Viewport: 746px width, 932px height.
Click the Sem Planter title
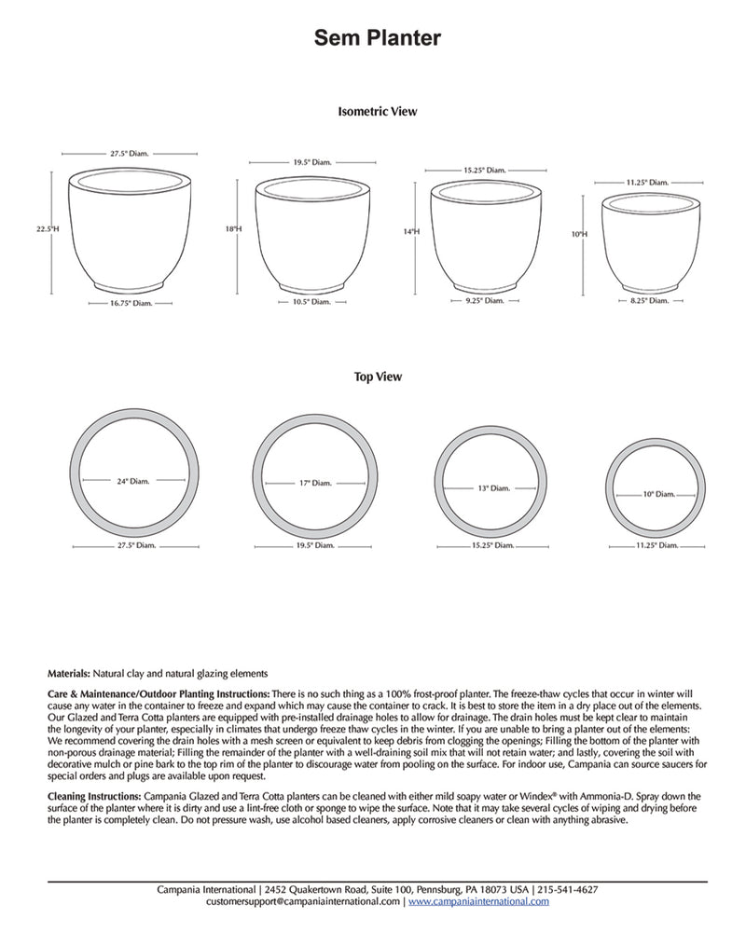(x=377, y=37)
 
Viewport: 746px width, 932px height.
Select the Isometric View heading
(x=377, y=112)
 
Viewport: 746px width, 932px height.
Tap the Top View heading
(x=377, y=377)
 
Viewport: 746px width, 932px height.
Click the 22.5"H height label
(x=48, y=227)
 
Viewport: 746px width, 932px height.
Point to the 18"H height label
(x=232, y=228)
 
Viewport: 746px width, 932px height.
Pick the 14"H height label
(x=411, y=231)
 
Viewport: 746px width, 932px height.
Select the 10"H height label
(x=580, y=234)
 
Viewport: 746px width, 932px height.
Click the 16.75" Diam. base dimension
(x=130, y=303)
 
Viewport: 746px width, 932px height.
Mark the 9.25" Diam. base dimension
(x=484, y=301)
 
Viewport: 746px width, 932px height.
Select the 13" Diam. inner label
(x=492, y=488)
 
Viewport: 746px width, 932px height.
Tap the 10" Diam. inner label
(x=657, y=495)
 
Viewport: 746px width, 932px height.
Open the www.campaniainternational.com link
(x=478, y=902)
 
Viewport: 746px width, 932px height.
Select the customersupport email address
(x=303, y=902)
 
